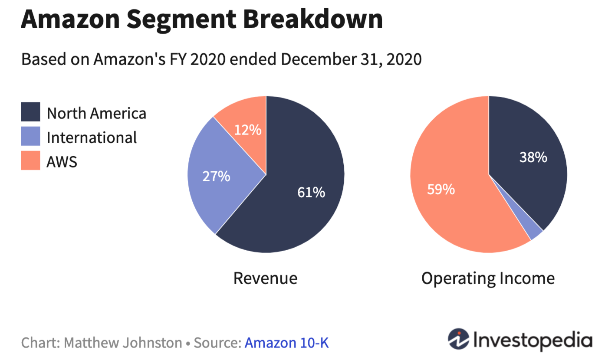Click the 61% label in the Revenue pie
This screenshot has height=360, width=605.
pos(311,193)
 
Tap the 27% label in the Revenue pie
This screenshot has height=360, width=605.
pos(216,177)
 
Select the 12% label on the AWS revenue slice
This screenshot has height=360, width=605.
pos(248,130)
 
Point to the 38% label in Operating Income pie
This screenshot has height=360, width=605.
pos(533,157)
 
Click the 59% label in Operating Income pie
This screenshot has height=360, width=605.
pos(441,190)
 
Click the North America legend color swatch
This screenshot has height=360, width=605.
pos(30,112)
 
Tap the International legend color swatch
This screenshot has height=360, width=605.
pos(30,136)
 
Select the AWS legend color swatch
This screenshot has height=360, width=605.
pos(30,160)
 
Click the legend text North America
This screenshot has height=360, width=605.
pos(96,114)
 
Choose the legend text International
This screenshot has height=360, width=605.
pos(92,137)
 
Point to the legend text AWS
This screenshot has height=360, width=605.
pos(62,162)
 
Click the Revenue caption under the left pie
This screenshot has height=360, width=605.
pos(265,278)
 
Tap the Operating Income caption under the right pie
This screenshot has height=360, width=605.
pos(488,278)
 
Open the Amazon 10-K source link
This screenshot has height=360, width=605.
pos(286,343)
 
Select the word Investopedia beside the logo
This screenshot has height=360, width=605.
pos(533,340)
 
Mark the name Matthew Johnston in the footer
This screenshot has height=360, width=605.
pos(123,343)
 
